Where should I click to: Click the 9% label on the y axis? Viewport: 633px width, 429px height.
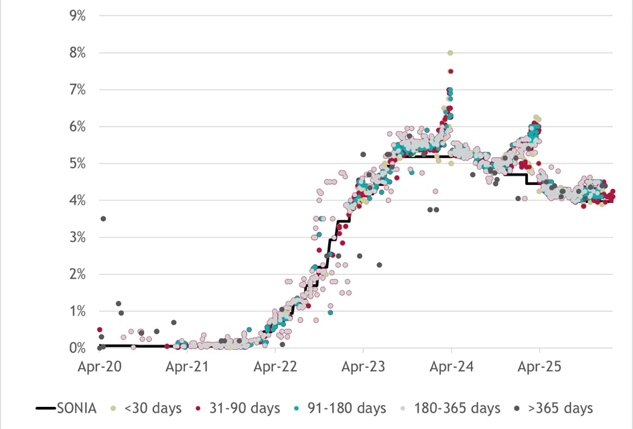[78, 16]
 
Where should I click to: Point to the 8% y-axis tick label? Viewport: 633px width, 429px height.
[78, 52]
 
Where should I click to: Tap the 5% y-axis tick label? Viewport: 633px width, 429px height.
[78, 164]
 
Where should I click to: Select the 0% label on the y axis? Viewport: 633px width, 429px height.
[78, 348]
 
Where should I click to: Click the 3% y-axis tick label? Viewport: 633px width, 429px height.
[78, 237]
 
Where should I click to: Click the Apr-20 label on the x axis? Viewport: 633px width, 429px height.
[99, 367]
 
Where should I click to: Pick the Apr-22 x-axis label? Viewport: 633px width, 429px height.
[275, 367]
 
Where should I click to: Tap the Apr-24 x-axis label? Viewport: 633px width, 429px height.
[451, 367]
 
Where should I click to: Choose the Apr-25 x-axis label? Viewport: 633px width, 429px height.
[539, 367]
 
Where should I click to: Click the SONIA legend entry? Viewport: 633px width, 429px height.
[66, 408]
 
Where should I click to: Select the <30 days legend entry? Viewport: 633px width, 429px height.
[147, 408]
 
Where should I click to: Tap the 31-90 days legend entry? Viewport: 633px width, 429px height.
[238, 408]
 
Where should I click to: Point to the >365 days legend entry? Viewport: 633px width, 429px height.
[553, 408]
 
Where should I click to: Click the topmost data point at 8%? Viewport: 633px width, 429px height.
[450, 53]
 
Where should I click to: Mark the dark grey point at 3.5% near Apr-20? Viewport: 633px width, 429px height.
[103, 219]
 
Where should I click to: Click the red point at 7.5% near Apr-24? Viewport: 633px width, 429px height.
[451, 71]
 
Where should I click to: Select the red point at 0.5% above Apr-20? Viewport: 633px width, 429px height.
[100, 330]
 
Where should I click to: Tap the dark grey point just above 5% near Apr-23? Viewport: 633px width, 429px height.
[363, 154]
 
